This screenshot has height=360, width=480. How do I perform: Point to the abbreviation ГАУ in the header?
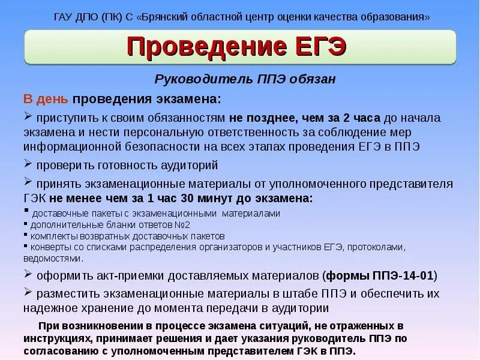tap(64, 16)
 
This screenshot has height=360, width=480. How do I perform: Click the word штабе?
tap(277, 294)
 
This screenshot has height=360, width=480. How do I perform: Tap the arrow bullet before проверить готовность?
tap(28, 164)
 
